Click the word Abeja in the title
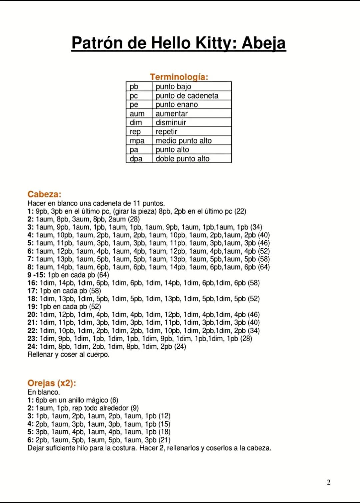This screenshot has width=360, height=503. click(264, 43)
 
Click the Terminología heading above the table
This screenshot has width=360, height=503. click(179, 77)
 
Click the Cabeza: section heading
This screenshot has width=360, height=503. click(44, 194)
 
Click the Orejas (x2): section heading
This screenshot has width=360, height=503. click(52, 383)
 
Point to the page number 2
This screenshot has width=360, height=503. click(328, 482)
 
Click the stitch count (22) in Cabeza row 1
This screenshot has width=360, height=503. click(240, 211)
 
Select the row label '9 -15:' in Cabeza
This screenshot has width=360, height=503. click(36, 275)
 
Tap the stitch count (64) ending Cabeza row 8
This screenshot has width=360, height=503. click(264, 267)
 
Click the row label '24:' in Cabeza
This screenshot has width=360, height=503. click(32, 347)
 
